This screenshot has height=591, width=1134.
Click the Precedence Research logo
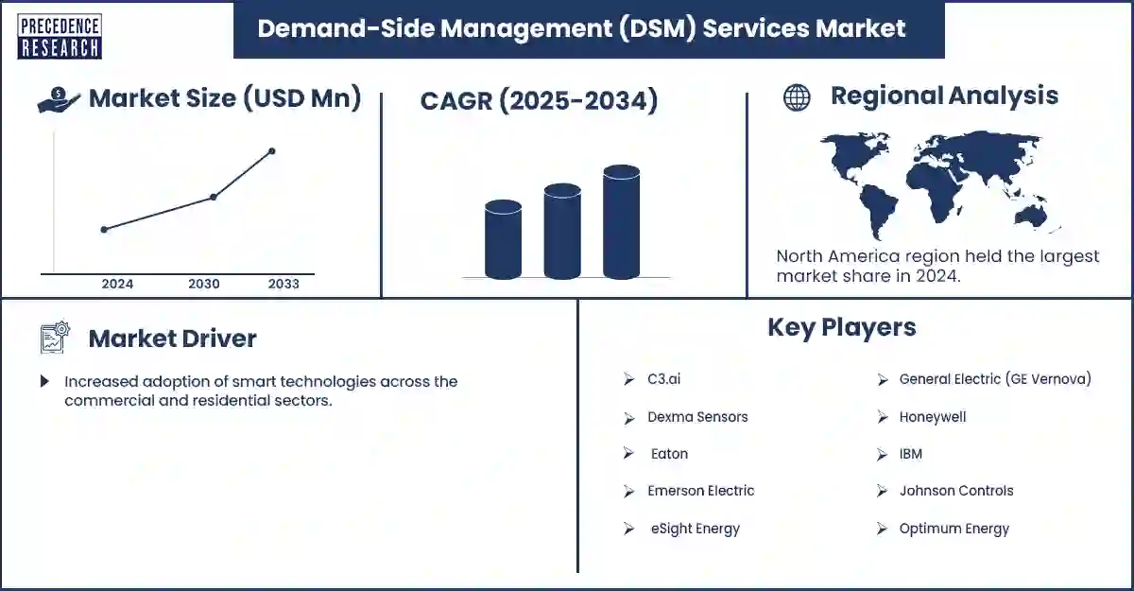point(59,35)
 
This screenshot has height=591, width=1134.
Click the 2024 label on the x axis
point(117,284)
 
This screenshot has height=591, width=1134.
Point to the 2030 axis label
point(204,284)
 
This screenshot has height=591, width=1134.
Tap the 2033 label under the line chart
point(283,284)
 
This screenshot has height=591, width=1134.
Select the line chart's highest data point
point(272,151)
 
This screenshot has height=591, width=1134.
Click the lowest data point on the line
point(104,229)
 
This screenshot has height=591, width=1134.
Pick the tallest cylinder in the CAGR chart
point(621,223)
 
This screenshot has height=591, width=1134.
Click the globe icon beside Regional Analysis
point(797,97)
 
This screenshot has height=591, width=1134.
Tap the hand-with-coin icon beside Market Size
point(59,99)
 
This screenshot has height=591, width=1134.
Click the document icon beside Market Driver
point(55,338)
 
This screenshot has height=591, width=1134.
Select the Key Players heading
point(841,327)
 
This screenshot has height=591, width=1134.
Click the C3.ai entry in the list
point(663,379)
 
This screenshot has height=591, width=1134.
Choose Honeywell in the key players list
point(932,417)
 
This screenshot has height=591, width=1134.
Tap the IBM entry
point(910,454)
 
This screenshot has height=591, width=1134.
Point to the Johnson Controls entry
point(955,491)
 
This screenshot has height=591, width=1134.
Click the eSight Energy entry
point(695,529)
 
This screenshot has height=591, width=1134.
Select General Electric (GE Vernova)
point(994,379)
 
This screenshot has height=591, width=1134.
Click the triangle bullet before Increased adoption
point(44,382)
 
